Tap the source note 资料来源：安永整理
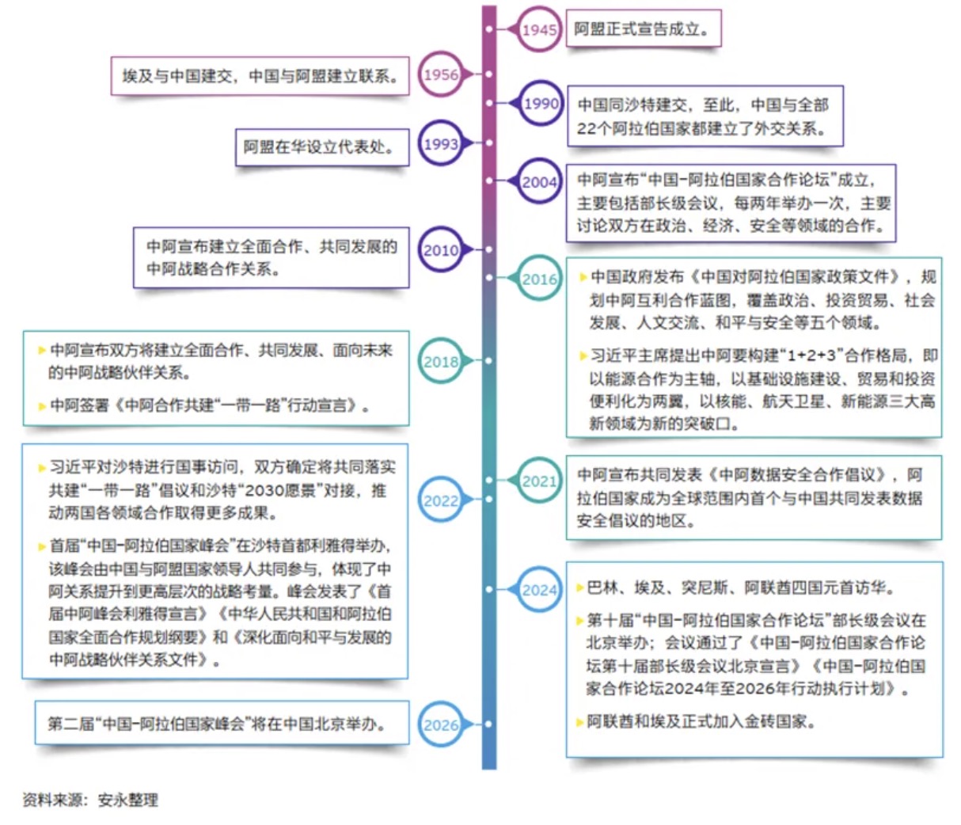tap(91, 800)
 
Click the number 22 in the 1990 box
tap(587, 129)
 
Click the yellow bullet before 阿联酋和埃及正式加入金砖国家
tap(579, 722)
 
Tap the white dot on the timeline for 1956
tap(488, 74)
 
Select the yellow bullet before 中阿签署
tap(42, 406)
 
